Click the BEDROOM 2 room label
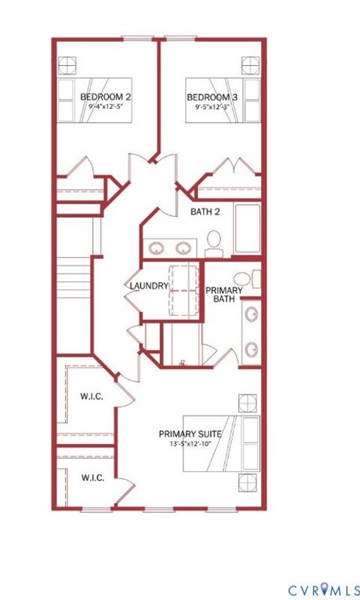(106, 97)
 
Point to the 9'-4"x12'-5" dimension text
(106, 106)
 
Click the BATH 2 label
(205, 211)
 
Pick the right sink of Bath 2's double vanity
(183, 247)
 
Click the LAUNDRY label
(148, 286)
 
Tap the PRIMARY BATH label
(222, 294)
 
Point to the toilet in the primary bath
(255, 278)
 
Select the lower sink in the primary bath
(253, 348)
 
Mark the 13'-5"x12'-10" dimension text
(190, 444)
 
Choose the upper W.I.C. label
(91, 396)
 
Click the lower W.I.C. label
(91, 477)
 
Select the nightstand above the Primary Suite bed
(246, 402)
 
